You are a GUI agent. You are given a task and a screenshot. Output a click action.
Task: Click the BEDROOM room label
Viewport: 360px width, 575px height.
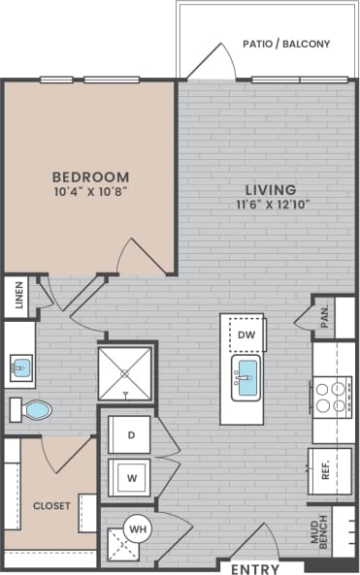[89, 176]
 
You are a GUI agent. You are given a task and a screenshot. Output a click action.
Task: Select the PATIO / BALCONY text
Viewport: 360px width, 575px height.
[285, 44]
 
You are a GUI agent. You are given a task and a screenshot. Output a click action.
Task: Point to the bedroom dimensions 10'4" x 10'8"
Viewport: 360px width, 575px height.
[89, 192]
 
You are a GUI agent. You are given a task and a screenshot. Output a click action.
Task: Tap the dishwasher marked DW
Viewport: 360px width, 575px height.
[245, 335]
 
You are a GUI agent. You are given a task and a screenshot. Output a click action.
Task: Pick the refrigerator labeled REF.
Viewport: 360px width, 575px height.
[326, 472]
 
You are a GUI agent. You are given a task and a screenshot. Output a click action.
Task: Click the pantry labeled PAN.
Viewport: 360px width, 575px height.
[323, 319]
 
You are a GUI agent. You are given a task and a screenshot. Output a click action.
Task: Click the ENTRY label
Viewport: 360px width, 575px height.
[255, 569]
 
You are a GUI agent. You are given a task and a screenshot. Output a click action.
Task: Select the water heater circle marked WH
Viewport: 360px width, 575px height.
[138, 530]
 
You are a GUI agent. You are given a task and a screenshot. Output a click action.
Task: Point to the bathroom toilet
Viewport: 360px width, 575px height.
[31, 409]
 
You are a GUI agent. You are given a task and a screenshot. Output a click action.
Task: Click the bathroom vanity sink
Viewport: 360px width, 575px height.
[19, 368]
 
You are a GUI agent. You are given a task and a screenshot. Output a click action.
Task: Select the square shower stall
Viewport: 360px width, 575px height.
[125, 371]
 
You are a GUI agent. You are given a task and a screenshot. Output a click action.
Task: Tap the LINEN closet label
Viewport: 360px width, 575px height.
[16, 297]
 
